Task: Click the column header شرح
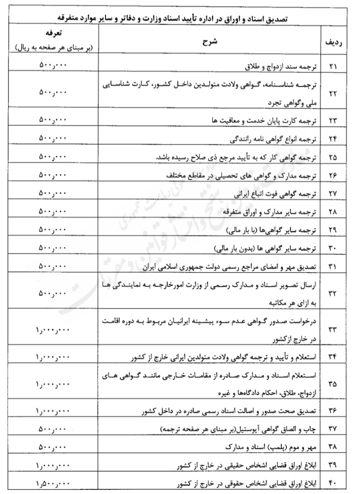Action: click(210, 43)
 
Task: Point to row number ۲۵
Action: click(333, 158)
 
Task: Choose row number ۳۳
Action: click(333, 329)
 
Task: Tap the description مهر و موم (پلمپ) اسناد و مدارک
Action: click(266, 447)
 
